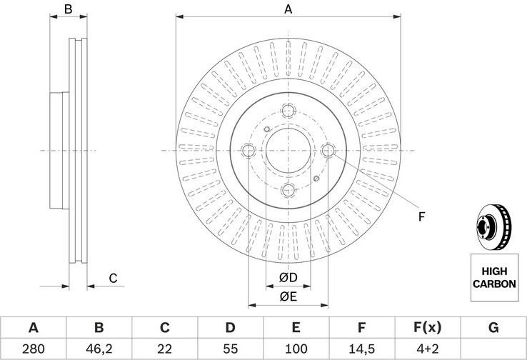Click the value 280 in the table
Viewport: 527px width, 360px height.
[33, 349]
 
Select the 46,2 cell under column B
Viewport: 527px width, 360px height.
[99, 349]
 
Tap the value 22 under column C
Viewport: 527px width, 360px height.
[165, 349]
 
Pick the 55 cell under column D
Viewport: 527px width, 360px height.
[230, 349]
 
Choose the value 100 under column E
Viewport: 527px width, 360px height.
[296, 349]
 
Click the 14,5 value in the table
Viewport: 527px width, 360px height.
[361, 349]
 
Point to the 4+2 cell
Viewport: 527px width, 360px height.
[428, 349]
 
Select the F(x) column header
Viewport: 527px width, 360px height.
[427, 327]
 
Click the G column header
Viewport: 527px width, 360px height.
[493, 327]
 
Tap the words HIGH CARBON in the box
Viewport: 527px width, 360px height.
[494, 278]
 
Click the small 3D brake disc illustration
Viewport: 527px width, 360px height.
[493, 227]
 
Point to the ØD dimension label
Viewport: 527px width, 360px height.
[288, 278]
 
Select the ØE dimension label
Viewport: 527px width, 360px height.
[288, 296]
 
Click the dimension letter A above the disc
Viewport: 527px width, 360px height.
[288, 9]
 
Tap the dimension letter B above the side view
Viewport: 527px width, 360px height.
[69, 9]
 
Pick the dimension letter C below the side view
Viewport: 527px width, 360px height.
[114, 279]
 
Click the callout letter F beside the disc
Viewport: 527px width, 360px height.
[422, 217]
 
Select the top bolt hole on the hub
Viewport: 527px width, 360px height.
[288, 111]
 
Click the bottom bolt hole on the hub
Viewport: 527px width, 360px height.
[288, 190]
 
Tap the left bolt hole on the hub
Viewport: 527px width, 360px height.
[249, 150]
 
